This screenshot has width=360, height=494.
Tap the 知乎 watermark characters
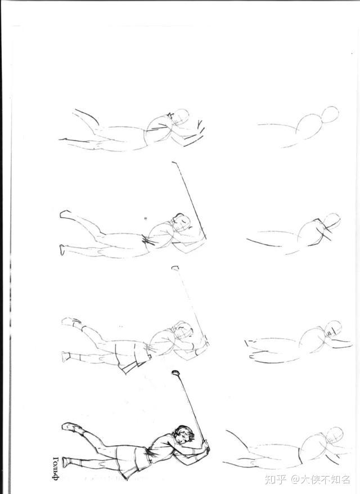(x=276, y=479)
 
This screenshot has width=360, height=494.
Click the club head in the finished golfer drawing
(x=175, y=372)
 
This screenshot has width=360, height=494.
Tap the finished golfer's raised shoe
(x=72, y=427)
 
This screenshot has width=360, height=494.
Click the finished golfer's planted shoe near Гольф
(x=66, y=462)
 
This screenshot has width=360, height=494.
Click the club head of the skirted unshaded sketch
(x=175, y=268)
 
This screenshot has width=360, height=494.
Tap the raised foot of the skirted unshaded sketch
(x=71, y=322)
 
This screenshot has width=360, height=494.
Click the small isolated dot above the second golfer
(x=146, y=218)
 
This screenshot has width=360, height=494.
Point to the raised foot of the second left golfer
(x=65, y=214)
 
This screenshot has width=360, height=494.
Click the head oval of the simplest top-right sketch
(x=331, y=115)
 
